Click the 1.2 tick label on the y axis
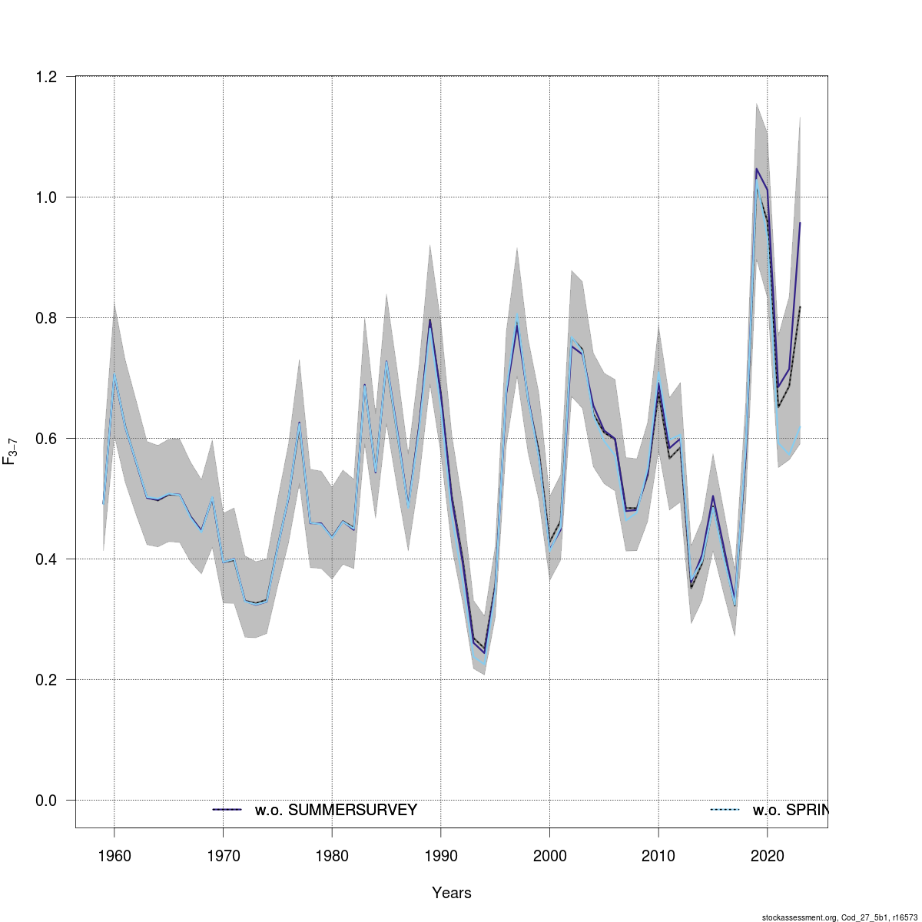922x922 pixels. click(x=46, y=77)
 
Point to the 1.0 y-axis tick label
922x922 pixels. click(x=46, y=197)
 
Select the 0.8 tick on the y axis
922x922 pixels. click(x=46, y=318)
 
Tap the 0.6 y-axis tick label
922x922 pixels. click(x=46, y=439)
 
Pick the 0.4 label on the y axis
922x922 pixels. click(x=46, y=559)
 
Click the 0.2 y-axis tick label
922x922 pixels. click(x=46, y=680)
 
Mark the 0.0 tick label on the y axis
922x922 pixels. click(x=46, y=801)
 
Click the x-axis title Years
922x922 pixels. click(x=452, y=893)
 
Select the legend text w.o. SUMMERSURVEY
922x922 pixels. click(x=336, y=810)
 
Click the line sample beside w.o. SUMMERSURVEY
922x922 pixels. click(x=227, y=810)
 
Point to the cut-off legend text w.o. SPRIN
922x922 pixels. click(x=791, y=810)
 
